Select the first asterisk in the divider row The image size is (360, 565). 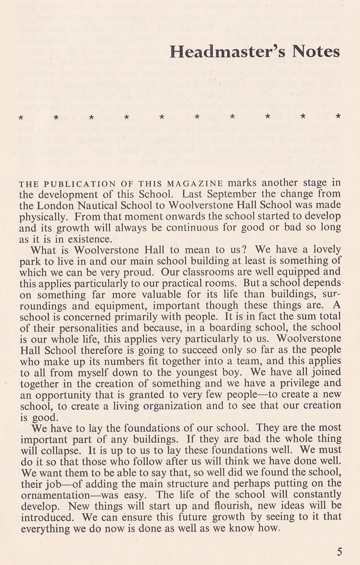20,118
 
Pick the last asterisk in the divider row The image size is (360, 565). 338,117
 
